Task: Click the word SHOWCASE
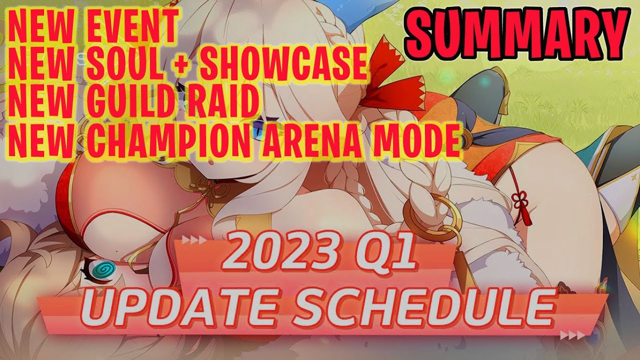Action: tap(284, 63)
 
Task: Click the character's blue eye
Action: tap(259, 130)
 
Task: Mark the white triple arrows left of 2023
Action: tap(194, 239)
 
